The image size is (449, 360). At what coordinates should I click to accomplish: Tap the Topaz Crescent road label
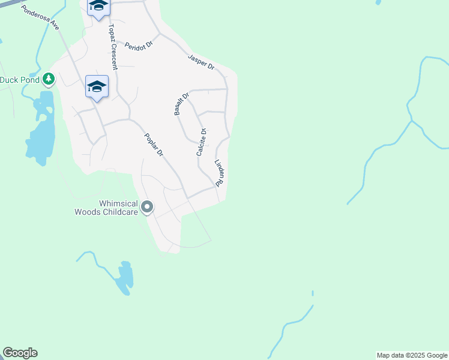tap(112, 47)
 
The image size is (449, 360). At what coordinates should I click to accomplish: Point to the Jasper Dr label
tap(201, 62)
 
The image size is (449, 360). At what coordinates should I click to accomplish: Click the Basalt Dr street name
tap(181, 103)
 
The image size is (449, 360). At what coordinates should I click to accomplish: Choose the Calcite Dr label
tap(202, 142)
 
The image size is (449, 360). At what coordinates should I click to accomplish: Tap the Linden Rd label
tap(219, 172)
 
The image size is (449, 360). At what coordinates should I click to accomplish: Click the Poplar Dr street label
tap(154, 145)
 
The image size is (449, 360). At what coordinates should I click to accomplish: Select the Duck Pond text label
tap(19, 79)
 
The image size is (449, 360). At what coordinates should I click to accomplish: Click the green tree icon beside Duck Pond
tap(49, 79)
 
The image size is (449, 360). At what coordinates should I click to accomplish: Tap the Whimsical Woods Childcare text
tap(105, 208)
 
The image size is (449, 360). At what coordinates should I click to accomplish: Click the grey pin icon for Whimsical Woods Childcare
tap(147, 208)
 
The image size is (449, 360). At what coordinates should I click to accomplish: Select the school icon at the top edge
tap(98, 8)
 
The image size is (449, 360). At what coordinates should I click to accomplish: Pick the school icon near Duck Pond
tap(97, 87)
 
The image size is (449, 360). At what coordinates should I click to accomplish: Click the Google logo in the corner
tap(20, 353)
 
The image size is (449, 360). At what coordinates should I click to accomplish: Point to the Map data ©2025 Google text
tap(412, 355)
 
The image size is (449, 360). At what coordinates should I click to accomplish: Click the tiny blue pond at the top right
tap(378, 2)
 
